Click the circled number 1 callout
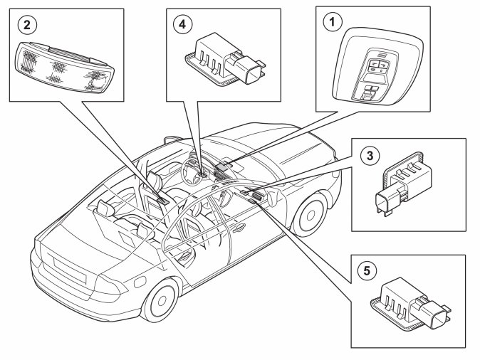coord(329,21)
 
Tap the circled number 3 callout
coord(368,154)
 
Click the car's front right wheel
coord(311,212)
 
